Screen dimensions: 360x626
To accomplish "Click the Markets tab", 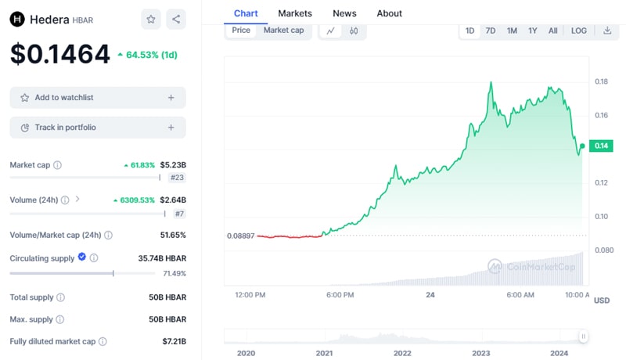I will coord(295,13).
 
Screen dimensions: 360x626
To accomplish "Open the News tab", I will coord(344,13).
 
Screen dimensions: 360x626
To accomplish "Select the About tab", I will coord(389,13).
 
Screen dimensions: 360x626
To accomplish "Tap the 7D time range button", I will coord(491,31).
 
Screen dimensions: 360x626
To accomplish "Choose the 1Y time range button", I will coord(532,31).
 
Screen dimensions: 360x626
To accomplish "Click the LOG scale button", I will coord(578,31).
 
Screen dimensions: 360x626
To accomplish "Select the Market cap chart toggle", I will coord(283,31).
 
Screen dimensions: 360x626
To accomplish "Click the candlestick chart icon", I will coord(354,31).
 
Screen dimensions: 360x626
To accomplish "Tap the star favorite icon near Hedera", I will coord(151,20).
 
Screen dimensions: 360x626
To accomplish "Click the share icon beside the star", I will coord(176,20).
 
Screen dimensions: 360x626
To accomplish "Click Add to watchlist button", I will coord(98,98).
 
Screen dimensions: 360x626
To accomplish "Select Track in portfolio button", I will coord(98,128).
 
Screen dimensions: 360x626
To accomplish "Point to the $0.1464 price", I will coord(60,54).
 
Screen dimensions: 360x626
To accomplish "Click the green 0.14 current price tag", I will coord(601,146).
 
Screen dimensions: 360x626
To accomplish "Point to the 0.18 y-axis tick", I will coord(601,81).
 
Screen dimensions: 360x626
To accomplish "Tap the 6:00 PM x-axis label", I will coord(340,295).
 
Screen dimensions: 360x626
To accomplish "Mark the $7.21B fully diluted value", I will coord(173,341).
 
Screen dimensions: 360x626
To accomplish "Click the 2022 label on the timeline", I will coord(402,354).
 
